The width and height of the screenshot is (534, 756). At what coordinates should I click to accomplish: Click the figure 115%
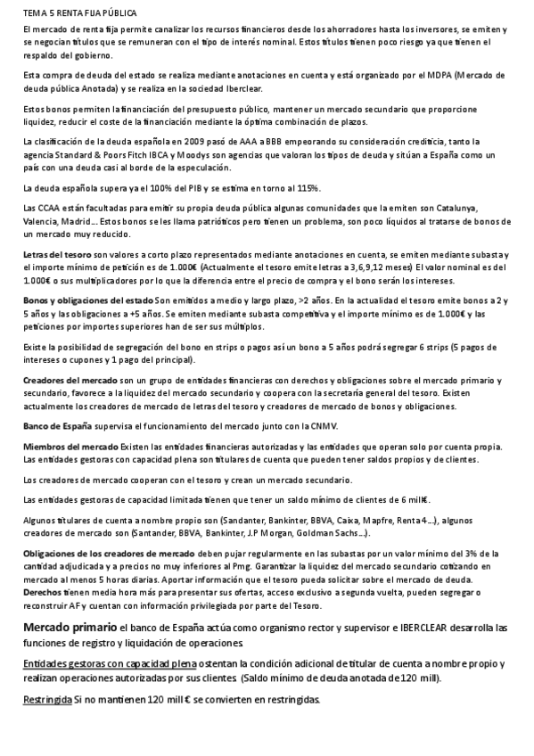pos(304,187)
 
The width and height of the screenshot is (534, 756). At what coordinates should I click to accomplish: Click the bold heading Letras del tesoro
pos(57,255)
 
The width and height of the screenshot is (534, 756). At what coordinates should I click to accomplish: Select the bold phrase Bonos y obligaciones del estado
pos(87,300)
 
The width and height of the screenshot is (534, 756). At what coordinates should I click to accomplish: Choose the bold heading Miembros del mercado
pos(70,446)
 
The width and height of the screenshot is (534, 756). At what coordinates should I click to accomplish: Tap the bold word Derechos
pos(42,591)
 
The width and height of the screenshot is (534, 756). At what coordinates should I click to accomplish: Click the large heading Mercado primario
pos(70,628)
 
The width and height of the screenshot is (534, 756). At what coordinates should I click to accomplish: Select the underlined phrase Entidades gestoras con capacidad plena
pos(110,665)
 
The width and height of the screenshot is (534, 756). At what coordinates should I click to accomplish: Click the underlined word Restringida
pos(47,701)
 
